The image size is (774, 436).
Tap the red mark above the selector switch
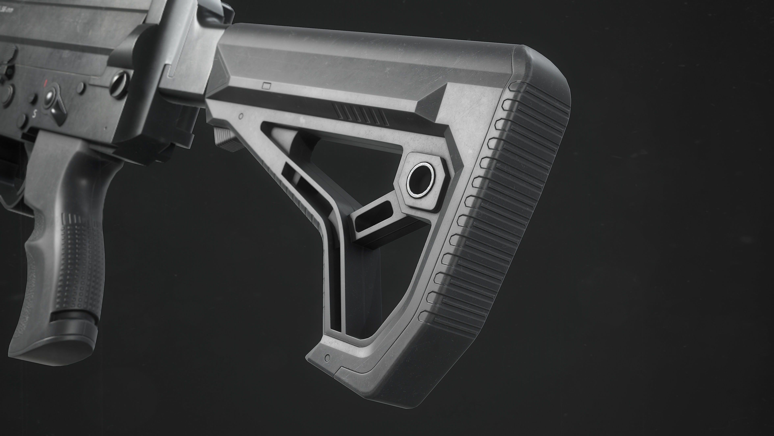46,82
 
